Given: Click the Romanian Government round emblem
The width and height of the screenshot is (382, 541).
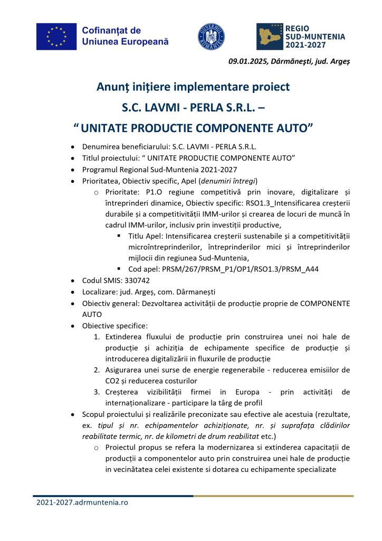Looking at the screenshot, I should point(211,36).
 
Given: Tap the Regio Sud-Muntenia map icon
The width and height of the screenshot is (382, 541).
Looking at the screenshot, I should point(269,36).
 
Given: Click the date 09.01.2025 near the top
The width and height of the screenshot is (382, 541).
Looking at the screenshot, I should point(246,61).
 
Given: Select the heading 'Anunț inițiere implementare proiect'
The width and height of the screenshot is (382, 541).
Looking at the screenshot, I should point(193,86).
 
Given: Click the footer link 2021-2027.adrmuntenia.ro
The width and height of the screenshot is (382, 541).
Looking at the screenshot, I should point(82,502).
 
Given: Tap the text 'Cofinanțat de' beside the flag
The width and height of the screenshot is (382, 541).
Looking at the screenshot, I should point(111,31).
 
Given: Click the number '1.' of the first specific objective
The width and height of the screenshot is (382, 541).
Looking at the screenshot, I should point(97,337).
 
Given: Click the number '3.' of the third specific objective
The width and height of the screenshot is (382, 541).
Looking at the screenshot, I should point(97,391).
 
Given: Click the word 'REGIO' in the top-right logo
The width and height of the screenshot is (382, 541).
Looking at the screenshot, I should point(298,29).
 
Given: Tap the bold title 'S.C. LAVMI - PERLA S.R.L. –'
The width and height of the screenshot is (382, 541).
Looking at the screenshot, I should point(193,108).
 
